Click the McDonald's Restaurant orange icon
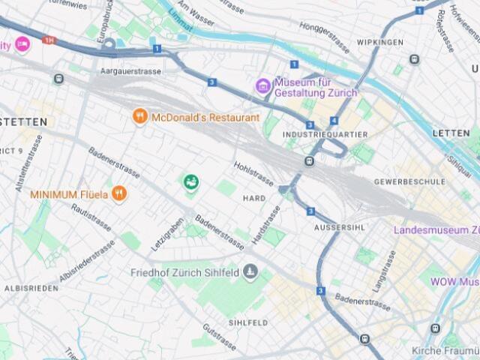tap(139, 117)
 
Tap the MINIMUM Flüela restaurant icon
tap(119, 194)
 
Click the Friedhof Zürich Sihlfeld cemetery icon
tap(250, 271)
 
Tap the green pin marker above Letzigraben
tap(191, 181)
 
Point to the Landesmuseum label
tap(436, 229)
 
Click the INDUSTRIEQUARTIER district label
tap(325, 134)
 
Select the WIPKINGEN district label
tap(380, 42)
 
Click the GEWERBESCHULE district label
tap(409, 181)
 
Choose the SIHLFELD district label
tap(248, 322)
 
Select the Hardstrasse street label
tap(267, 224)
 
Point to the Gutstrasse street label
tap(220, 337)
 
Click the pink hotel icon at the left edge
tap(22, 44)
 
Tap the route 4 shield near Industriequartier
tap(333, 120)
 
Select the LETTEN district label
tap(451, 133)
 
